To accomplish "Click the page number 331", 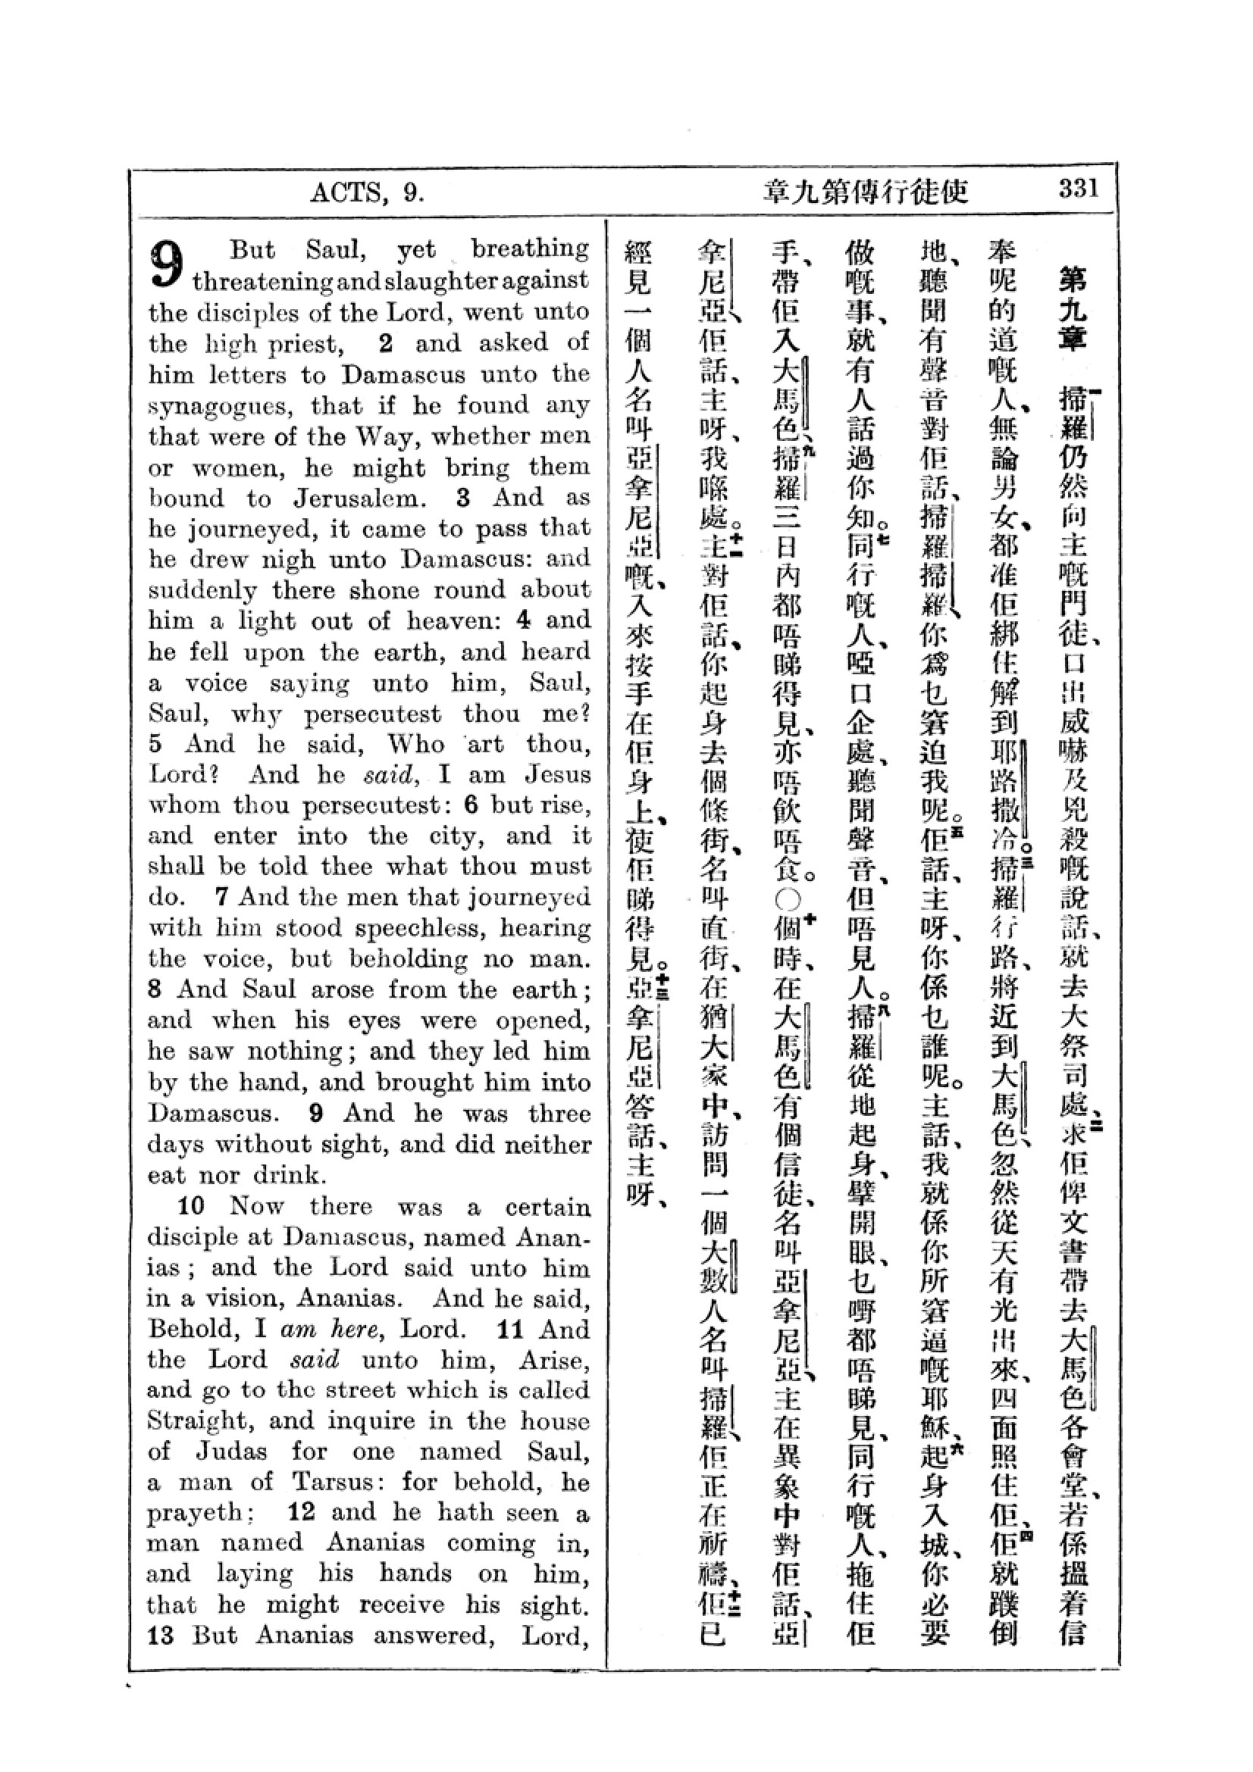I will [1078, 189].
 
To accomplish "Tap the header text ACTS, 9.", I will [368, 192].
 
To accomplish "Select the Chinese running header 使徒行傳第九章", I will [865, 192].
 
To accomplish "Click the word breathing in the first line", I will [531, 249].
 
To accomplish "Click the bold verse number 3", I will [463, 498].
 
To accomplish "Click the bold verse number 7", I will [221, 898].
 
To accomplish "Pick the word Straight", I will [196, 1421].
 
